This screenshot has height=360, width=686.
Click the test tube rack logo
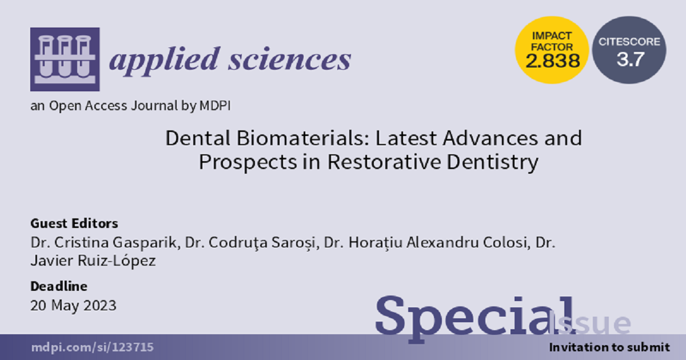[x=65, y=59]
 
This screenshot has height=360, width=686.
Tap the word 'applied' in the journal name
[x=165, y=59]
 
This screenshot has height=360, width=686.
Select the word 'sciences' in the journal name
[x=290, y=59]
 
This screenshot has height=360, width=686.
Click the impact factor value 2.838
[x=553, y=61]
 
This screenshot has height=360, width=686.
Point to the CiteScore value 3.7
[x=630, y=59]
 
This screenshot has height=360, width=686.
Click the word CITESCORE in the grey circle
[x=629, y=42]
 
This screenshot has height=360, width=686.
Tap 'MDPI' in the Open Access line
[x=215, y=106]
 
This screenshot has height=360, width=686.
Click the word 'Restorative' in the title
[x=384, y=162]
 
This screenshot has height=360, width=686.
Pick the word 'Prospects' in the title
[x=248, y=162]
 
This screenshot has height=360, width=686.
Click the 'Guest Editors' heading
[x=74, y=223]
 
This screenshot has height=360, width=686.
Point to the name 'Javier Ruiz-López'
[x=93, y=261]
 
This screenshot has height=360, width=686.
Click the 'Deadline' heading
[x=59, y=286]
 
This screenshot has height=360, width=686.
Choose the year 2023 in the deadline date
[x=100, y=306]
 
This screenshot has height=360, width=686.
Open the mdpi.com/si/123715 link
[x=92, y=347]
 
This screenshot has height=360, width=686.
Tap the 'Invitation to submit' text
[x=609, y=347]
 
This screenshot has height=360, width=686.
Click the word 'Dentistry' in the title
[x=493, y=162]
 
